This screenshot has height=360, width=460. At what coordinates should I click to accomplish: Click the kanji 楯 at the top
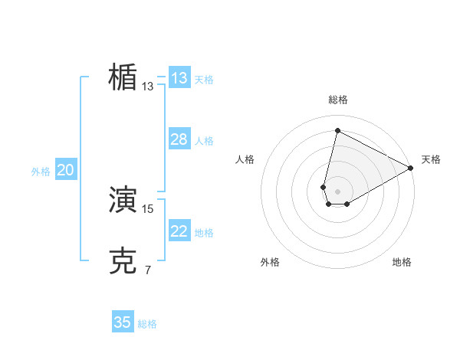click(x=123, y=77)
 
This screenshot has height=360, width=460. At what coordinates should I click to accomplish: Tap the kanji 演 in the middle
click(x=123, y=200)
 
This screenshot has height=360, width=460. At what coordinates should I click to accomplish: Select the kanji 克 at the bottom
click(x=123, y=261)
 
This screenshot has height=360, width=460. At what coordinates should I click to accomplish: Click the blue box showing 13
click(x=179, y=78)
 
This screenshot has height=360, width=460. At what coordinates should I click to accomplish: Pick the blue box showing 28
click(x=179, y=139)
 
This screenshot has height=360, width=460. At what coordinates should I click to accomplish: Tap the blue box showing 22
click(x=179, y=231)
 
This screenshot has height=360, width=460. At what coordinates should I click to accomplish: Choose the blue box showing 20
click(x=65, y=170)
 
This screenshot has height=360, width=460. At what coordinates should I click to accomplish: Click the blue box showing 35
click(x=123, y=322)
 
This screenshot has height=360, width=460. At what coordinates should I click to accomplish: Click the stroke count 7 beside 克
click(x=148, y=270)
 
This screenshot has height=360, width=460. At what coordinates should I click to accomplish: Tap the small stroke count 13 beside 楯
click(x=148, y=87)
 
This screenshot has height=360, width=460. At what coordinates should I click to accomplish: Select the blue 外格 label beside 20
click(x=41, y=172)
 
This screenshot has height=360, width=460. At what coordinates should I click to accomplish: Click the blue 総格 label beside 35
click(x=147, y=324)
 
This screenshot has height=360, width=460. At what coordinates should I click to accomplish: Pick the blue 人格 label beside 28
click(x=204, y=141)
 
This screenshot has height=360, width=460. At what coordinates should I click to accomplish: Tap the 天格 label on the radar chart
click(x=431, y=159)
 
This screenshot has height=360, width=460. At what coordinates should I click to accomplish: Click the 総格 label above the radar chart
click(x=338, y=100)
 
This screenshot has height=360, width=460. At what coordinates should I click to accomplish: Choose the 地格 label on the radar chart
click(x=402, y=262)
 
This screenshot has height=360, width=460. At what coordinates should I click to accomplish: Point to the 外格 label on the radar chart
click(x=270, y=262)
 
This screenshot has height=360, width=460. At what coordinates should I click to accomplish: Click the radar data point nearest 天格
click(x=412, y=169)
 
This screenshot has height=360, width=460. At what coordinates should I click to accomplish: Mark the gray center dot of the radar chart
click(x=338, y=191)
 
